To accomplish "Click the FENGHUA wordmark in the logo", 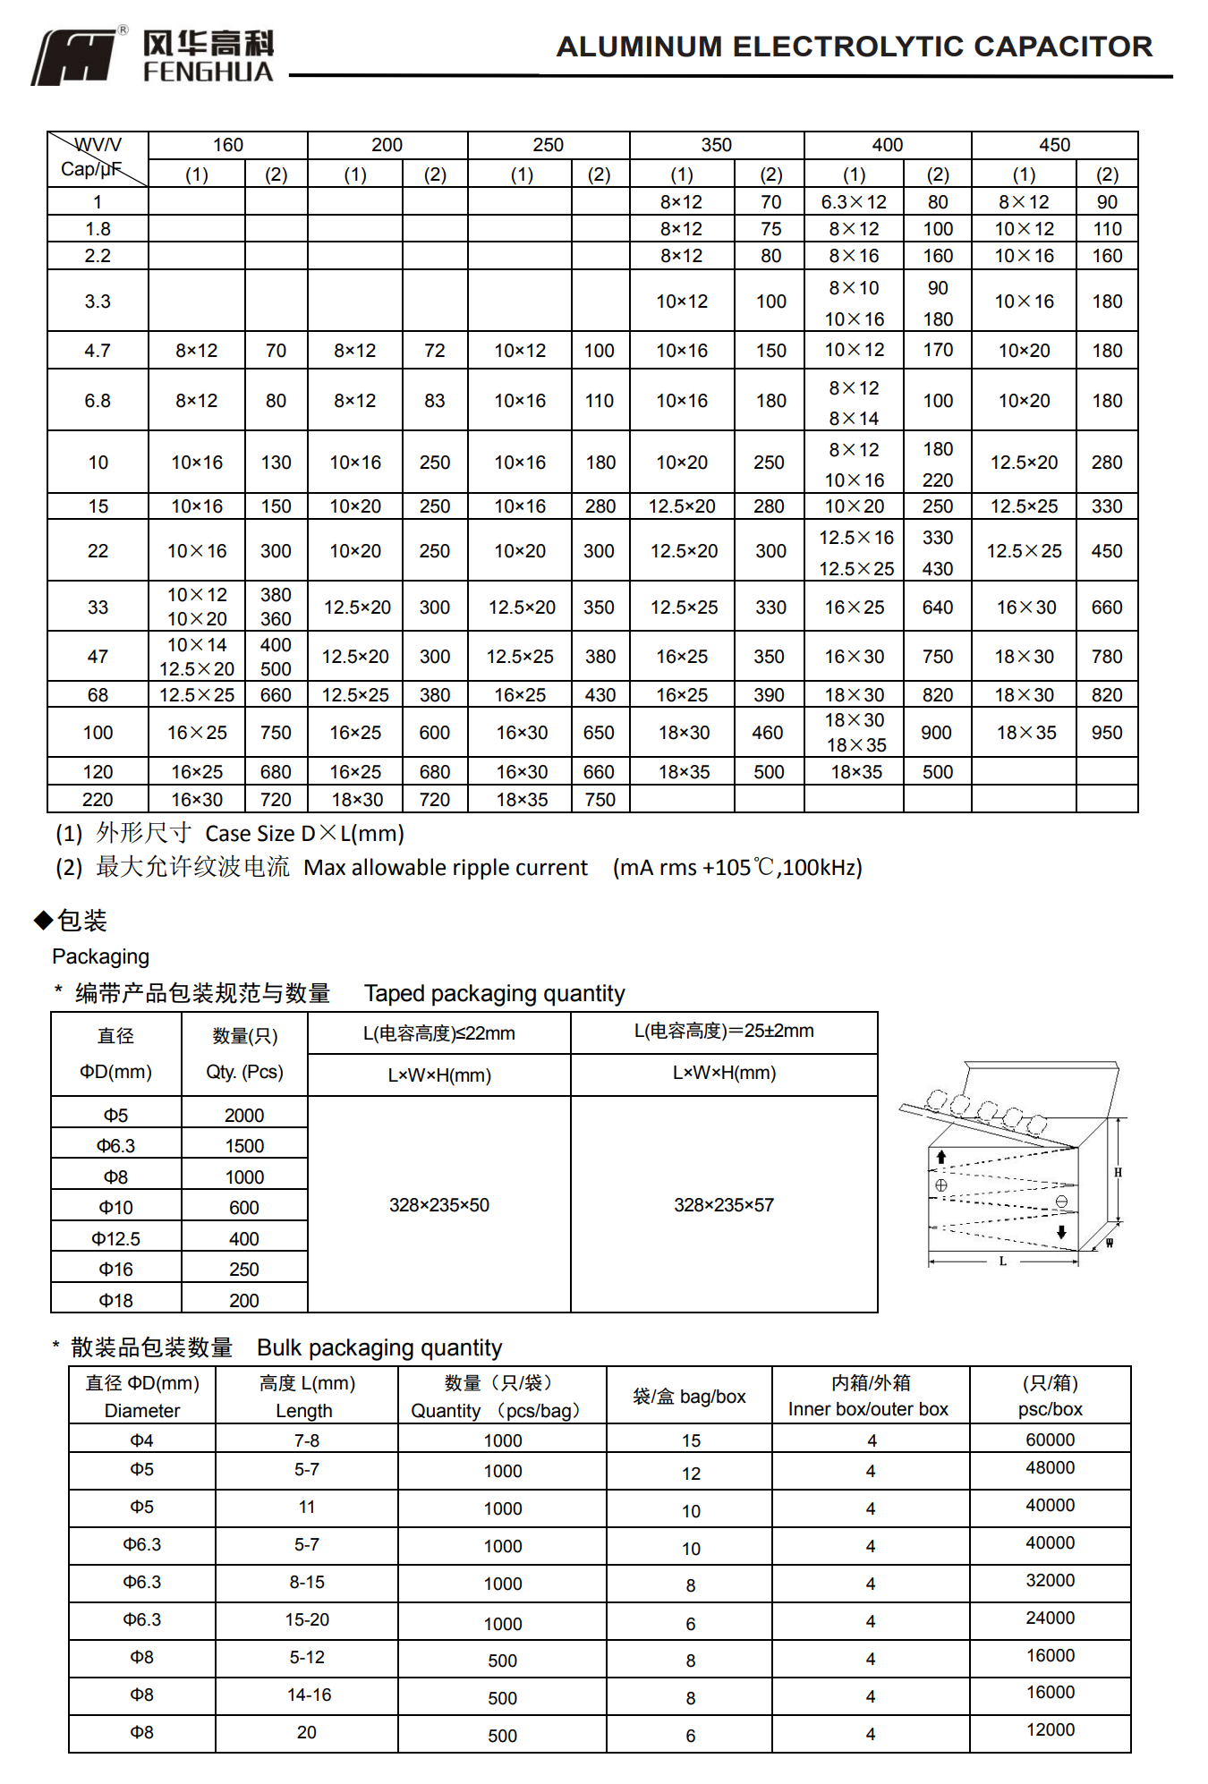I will coord(208,72).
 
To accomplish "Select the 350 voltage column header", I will coord(716,145).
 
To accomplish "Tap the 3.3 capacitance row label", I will coord(98,302).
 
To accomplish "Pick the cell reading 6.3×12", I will coord(854,202).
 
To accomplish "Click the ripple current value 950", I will coord(1106,733).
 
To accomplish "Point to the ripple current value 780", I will coord(1106,657).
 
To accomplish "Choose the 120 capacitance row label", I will coord(98,772).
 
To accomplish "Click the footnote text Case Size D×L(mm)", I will coord(304,834).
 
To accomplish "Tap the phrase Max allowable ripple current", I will coord(446,868).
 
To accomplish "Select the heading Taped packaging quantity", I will coord(494,994).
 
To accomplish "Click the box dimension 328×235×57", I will coord(723,1205).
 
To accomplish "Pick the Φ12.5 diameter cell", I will coord(116,1239).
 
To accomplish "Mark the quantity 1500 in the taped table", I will coord(244,1146).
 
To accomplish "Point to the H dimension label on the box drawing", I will coord(1118,1172).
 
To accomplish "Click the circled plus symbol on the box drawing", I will coord(941,1185).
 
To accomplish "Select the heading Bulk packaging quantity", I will coord(379,1348).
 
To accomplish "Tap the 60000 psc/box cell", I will coord(1050,1440).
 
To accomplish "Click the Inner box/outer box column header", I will coord(868,1409).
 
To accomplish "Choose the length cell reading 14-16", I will coord(310,1695).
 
